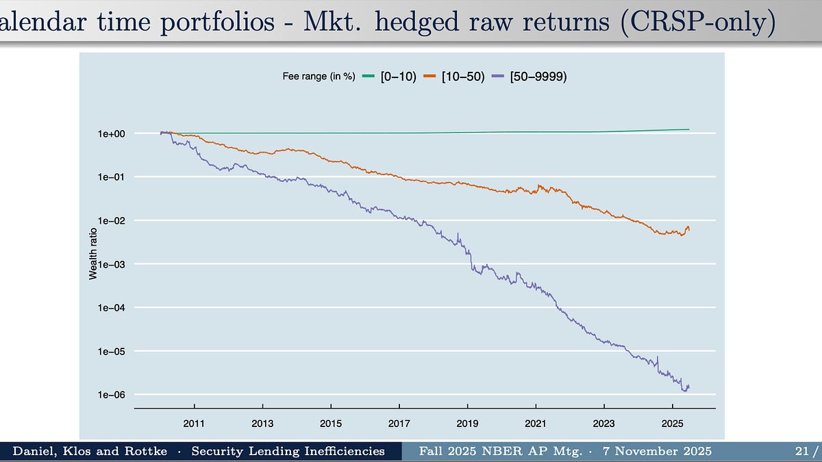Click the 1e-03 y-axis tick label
[x=112, y=264]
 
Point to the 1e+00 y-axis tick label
[x=112, y=134]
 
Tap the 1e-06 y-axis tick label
[x=112, y=395]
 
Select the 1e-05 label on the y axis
[x=112, y=352]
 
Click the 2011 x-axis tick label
[x=194, y=424]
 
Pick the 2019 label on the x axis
[x=467, y=424]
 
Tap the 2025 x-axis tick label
[x=672, y=424]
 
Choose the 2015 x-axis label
[x=331, y=424]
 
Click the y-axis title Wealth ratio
[x=93, y=254]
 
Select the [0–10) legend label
[x=399, y=77]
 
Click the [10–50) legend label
[x=463, y=77]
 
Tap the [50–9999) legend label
[x=538, y=77]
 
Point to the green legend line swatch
[x=369, y=76]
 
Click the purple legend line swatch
[x=498, y=76]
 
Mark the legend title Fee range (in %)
[x=319, y=76]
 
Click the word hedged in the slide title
[x=417, y=22]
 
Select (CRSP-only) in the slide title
[x=698, y=22]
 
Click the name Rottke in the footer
[x=146, y=451]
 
